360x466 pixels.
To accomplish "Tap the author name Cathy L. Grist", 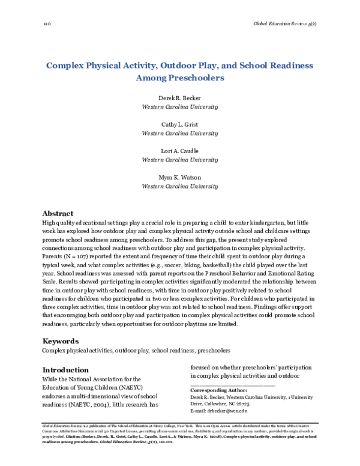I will pos(179,124).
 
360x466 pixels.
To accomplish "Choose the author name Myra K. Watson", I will pos(179,178).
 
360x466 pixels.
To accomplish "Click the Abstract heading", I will pos(58,213).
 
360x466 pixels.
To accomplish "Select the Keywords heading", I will pos(61,340).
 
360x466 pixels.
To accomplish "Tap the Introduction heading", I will pos(67,369).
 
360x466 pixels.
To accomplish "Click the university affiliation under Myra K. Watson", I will pos(179,187).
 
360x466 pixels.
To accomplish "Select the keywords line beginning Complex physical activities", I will pos(136,350).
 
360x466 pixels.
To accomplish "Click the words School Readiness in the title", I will pos(265,64).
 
